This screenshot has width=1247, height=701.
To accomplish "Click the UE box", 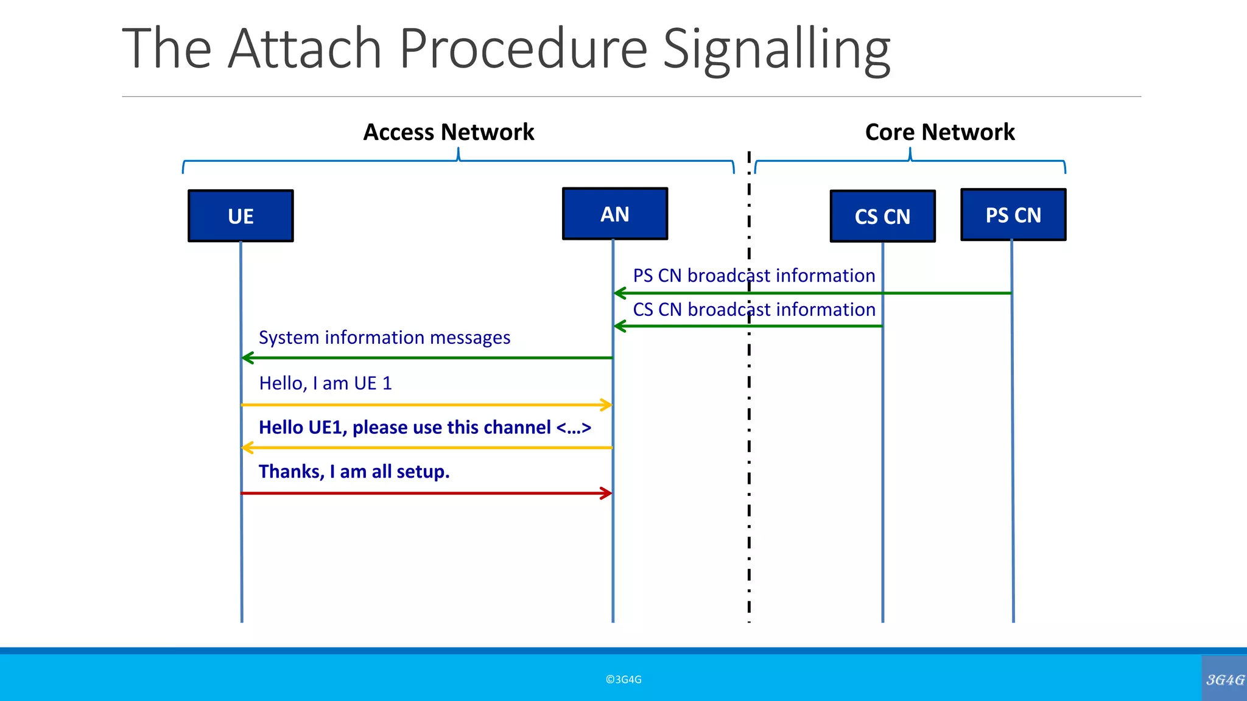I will [241, 216].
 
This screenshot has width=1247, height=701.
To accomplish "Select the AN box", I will [615, 214].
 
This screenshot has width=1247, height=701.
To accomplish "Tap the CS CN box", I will [882, 217].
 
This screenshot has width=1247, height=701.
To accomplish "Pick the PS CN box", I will [1013, 215].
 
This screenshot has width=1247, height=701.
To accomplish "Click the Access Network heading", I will [449, 132].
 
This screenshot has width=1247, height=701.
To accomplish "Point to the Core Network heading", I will [940, 132].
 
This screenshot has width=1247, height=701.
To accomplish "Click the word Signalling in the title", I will [776, 49].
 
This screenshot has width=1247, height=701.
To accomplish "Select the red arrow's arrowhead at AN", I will [607, 493].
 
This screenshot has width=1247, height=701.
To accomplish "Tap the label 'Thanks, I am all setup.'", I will [354, 472].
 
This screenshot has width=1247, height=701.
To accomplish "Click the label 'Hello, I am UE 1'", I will [325, 383].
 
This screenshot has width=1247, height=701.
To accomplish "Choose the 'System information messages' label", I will [384, 338].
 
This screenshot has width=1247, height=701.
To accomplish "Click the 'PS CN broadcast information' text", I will [754, 276].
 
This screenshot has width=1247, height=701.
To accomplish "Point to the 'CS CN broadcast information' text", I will [754, 310].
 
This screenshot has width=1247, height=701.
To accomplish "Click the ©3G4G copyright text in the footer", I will [623, 680].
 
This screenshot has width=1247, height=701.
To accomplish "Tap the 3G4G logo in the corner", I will [1224, 680].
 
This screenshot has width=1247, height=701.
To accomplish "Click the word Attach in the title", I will [304, 49].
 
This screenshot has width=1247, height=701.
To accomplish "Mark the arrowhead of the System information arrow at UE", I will [247, 358].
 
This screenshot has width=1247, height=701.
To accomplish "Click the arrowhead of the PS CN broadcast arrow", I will [619, 293].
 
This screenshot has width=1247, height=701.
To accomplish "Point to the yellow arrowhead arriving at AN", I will [607, 405].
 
